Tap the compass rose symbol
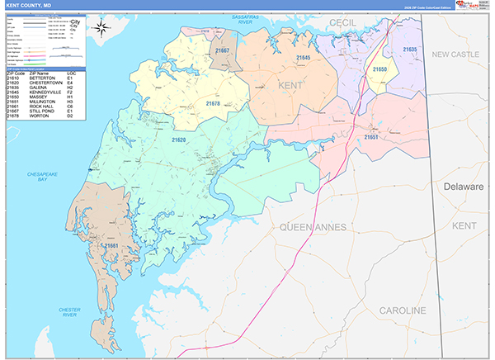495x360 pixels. [101, 29]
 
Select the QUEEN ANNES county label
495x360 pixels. [316, 226]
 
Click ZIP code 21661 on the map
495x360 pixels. [112, 245]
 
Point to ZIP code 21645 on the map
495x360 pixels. [303, 59]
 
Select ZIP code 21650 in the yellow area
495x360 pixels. [379, 70]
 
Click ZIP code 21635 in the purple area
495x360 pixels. [410, 50]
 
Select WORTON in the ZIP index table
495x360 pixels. [40, 117]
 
